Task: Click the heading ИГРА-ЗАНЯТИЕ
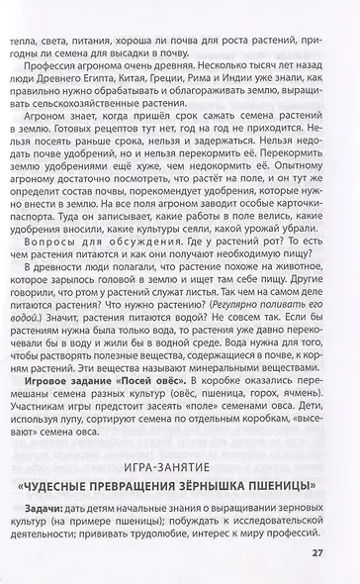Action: (x=180, y=462)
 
